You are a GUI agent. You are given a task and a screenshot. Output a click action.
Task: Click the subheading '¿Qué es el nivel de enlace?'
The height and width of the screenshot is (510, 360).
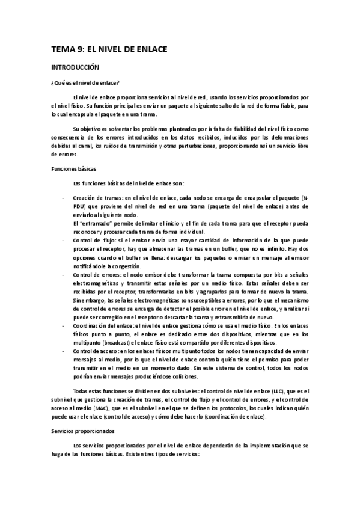click(x=84, y=82)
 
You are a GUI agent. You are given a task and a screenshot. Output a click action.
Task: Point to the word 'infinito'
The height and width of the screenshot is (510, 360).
click(x=257, y=248)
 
